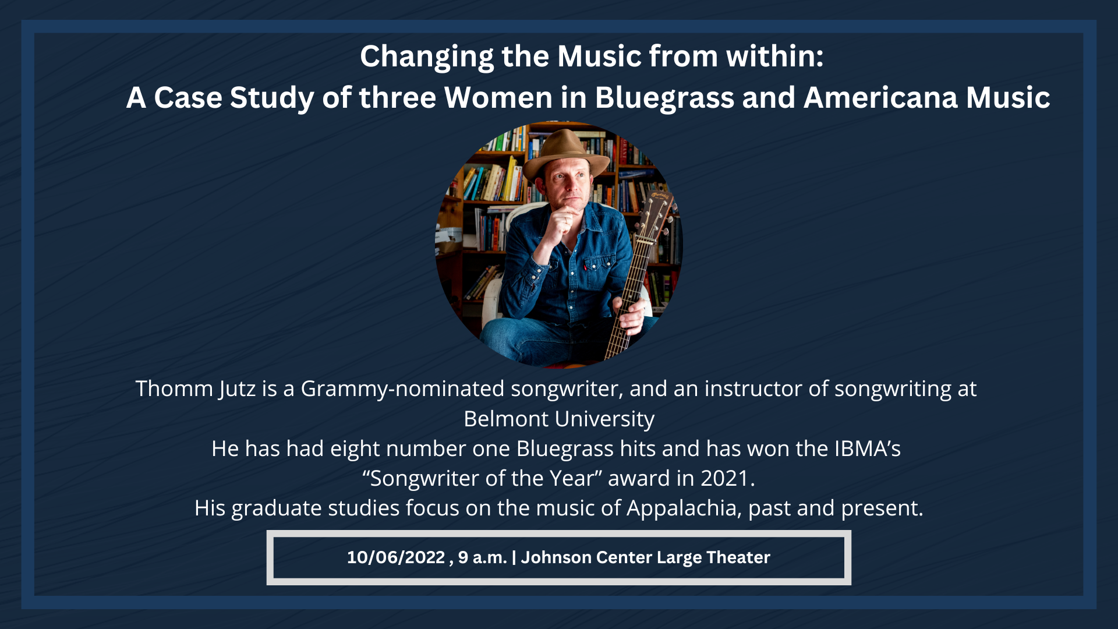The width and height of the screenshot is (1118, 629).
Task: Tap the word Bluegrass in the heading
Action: click(x=664, y=98)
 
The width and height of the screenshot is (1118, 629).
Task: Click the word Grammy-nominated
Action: click(x=402, y=389)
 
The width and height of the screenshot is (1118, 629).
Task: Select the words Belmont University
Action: click(x=559, y=419)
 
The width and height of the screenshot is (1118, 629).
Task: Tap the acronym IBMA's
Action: click(x=868, y=448)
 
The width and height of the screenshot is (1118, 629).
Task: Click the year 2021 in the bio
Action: click(x=724, y=478)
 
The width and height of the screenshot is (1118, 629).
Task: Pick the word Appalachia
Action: click(x=684, y=508)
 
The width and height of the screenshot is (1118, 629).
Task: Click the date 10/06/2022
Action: click(x=396, y=557)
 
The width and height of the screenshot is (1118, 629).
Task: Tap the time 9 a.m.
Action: click(x=482, y=557)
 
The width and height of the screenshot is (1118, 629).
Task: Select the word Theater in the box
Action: click(x=738, y=557)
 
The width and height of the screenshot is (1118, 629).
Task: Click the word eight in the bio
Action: click(x=355, y=449)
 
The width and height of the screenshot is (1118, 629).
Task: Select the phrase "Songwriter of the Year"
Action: click(x=482, y=478)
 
